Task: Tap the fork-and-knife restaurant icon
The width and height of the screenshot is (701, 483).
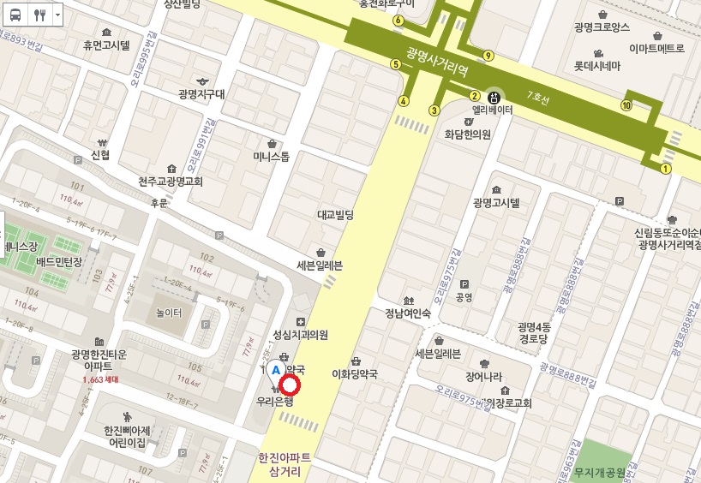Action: tap(39, 15)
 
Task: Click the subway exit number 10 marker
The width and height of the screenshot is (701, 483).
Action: tap(626, 105)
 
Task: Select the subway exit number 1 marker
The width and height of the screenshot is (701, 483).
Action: tap(665, 169)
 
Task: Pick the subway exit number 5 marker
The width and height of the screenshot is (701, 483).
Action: tap(395, 63)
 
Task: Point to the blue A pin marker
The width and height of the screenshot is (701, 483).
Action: tap(275, 370)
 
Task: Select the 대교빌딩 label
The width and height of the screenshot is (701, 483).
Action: tap(335, 215)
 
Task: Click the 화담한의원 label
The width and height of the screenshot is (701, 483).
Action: tap(467, 134)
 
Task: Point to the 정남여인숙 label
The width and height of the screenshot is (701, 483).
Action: tap(407, 313)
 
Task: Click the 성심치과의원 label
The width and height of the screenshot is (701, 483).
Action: tap(300, 334)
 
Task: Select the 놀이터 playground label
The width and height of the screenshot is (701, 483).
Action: tap(169, 313)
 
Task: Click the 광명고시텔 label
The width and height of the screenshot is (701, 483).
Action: tap(496, 202)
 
